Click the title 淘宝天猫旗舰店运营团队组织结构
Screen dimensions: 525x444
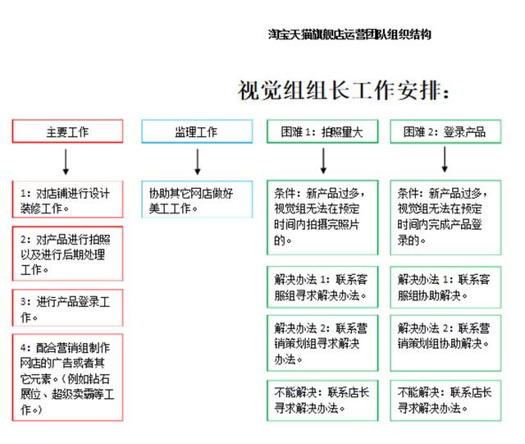[x=349, y=34]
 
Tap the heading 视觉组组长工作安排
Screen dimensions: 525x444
[x=343, y=90]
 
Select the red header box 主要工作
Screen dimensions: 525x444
[x=67, y=131]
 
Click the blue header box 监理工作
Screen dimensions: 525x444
[x=197, y=131]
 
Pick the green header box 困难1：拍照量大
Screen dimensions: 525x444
[x=322, y=131]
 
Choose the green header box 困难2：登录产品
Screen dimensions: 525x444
[x=445, y=131]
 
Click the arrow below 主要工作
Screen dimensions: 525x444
[x=66, y=162]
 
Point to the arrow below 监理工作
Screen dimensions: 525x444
[x=198, y=162]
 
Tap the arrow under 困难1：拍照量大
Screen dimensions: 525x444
[x=323, y=161]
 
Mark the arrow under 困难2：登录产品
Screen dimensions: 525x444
[x=445, y=159]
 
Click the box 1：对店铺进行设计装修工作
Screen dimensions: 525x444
[x=67, y=199]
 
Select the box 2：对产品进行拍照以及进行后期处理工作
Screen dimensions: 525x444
[x=67, y=254]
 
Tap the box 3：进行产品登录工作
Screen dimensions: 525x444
[x=67, y=308]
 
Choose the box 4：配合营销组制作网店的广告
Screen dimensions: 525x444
[x=67, y=378]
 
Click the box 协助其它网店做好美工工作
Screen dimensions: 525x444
[x=197, y=199]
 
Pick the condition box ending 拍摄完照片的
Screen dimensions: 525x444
[x=322, y=217]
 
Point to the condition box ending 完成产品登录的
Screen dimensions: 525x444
[x=445, y=217]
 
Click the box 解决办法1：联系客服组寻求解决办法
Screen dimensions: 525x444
[x=322, y=287]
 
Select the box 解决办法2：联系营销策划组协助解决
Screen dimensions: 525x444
[x=445, y=343]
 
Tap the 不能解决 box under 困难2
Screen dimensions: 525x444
[x=445, y=401]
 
